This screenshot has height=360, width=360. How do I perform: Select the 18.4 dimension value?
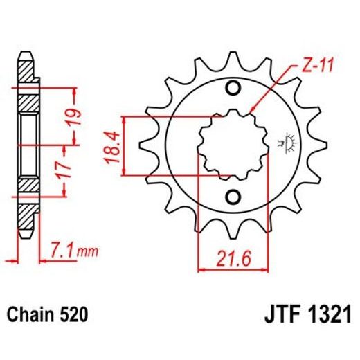coord(112,147)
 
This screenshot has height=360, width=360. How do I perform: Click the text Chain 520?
coord(48,316)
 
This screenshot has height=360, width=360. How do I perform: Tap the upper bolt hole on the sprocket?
coord(233,88)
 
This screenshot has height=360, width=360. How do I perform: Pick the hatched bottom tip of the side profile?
coord(26,222)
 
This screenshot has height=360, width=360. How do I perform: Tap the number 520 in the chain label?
coord(74,316)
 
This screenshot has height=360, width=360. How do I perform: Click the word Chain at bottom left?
coord(32,316)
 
